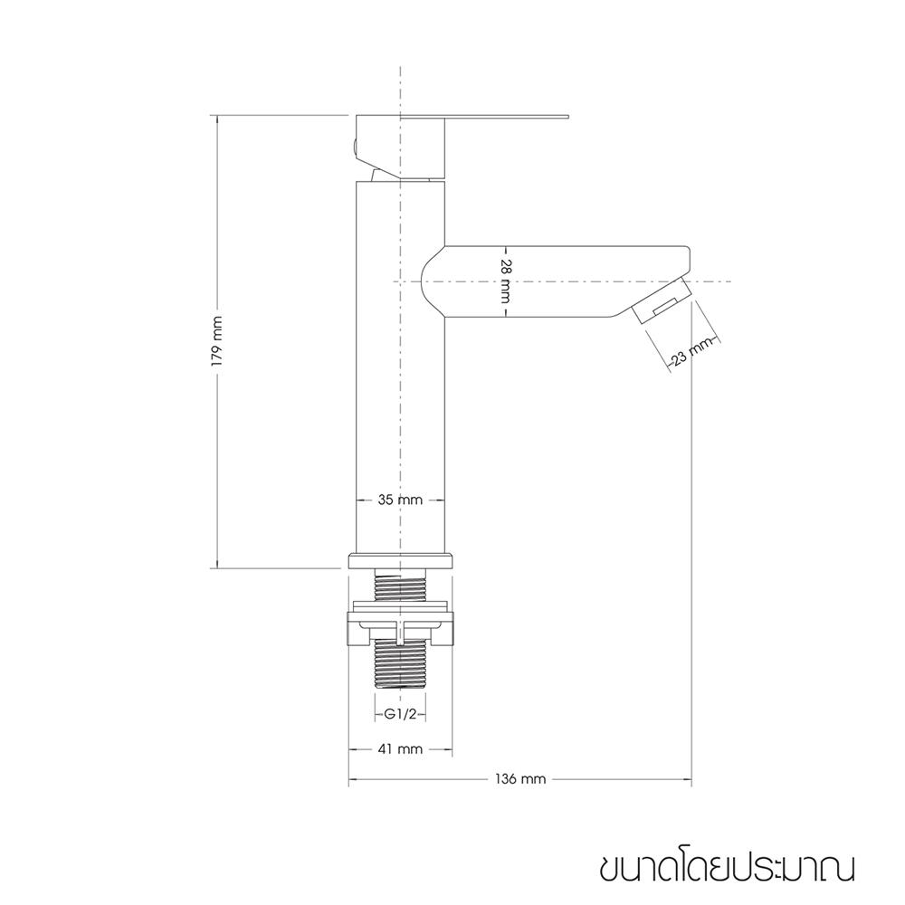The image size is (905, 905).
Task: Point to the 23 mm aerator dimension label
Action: pos(691,353)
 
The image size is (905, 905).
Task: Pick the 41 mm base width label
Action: pos(400,749)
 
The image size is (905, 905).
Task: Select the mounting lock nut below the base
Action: pos(399,629)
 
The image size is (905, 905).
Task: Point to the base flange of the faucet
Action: pos(399,560)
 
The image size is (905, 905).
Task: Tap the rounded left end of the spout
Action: pos(431,281)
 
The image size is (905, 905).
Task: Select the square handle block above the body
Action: pos(403,147)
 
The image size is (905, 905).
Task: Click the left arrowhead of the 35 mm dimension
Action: pos(356,500)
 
